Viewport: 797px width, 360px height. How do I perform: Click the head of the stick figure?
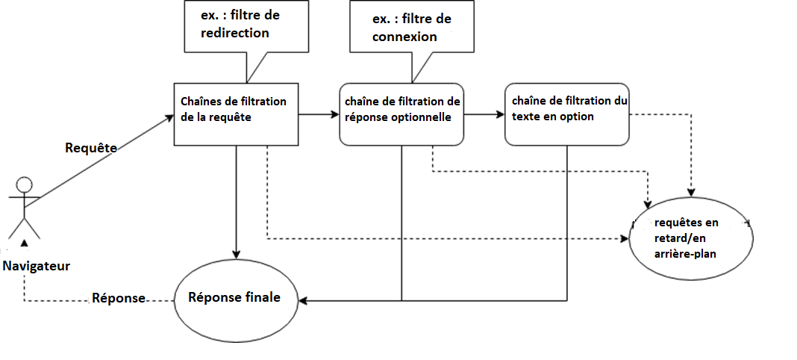(25, 184)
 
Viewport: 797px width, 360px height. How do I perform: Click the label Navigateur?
(36, 265)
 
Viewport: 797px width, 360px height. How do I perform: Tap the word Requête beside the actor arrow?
(92, 148)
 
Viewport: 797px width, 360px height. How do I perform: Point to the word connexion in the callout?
(404, 37)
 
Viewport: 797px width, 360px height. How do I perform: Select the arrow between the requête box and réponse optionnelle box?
(319, 114)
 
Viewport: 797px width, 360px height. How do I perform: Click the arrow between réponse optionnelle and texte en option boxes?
(484, 114)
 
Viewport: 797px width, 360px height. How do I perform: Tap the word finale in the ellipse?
(262, 297)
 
